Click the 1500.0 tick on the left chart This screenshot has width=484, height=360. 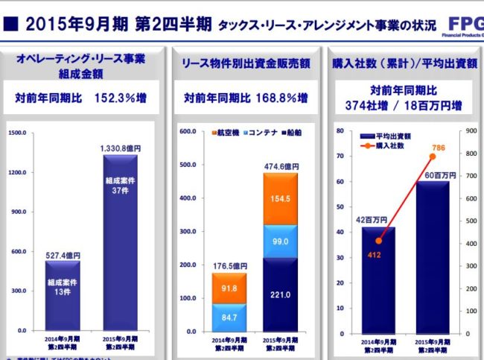[x=16, y=133]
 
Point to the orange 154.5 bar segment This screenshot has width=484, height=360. [x=280, y=199]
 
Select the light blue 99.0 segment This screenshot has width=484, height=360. [x=280, y=241]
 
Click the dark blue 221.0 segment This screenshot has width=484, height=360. [x=280, y=294]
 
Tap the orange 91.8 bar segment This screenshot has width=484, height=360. [x=228, y=288]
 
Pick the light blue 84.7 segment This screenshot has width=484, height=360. [x=228, y=318]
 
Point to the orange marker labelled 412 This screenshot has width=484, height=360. [x=378, y=241]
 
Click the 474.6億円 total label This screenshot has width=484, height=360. [x=281, y=166]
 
